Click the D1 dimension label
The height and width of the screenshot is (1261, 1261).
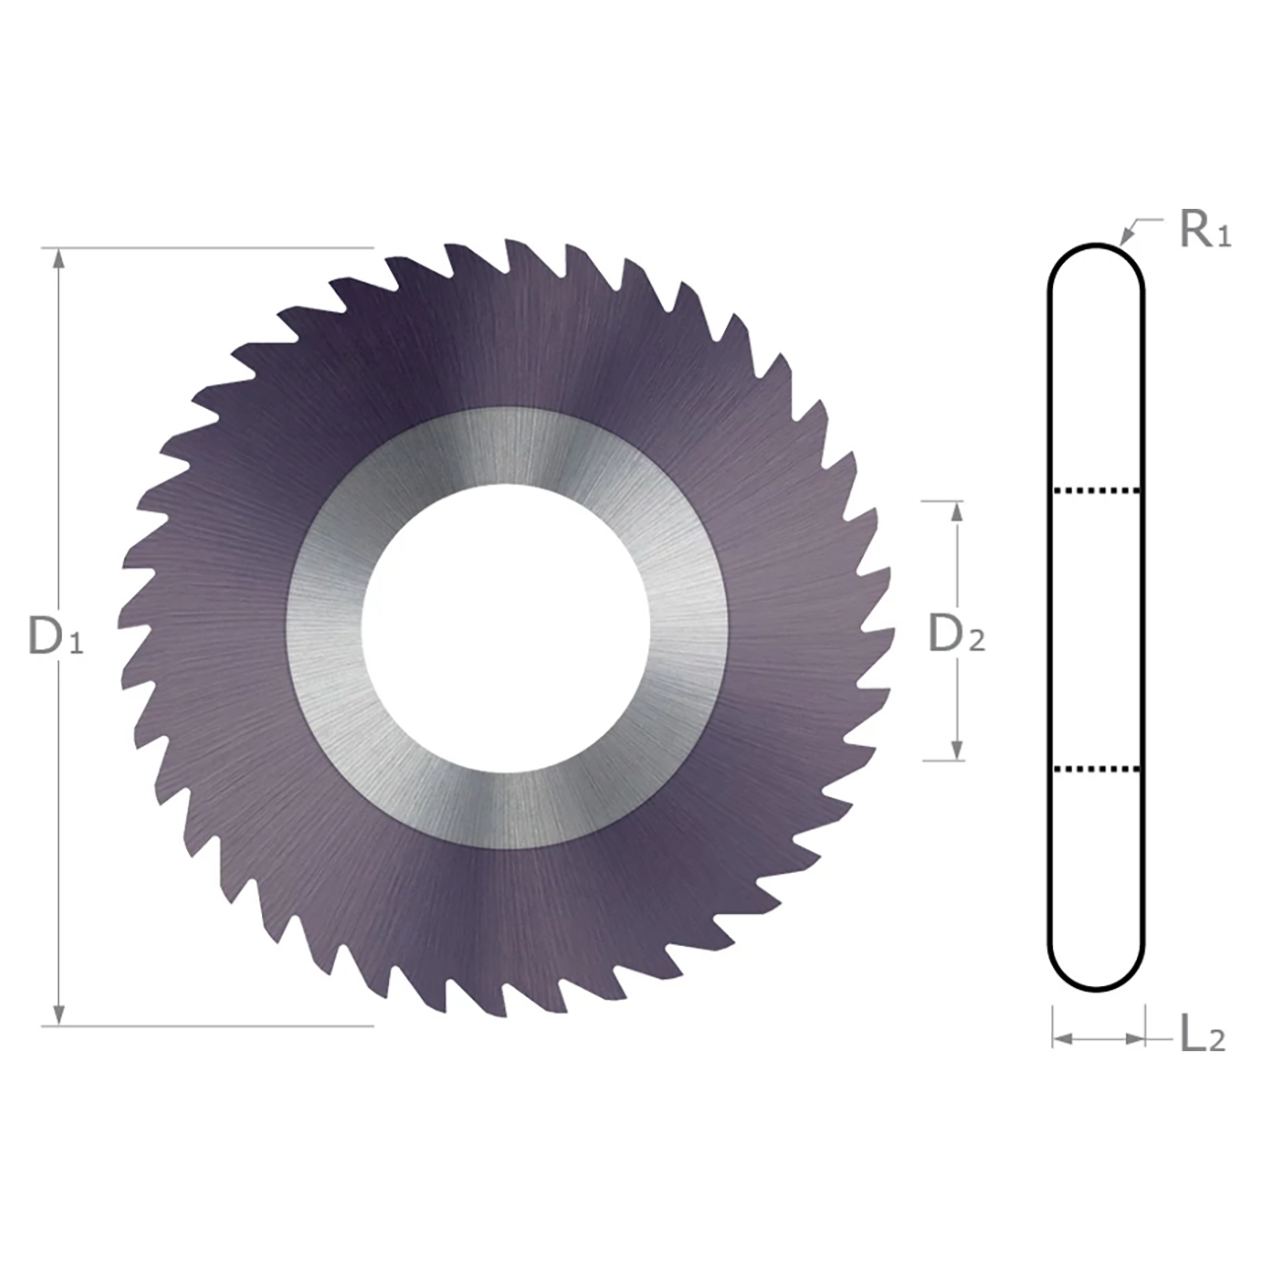click(x=55, y=638)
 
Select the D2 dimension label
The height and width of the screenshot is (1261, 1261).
click(x=956, y=636)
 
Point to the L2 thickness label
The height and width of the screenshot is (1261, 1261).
click(x=1202, y=1035)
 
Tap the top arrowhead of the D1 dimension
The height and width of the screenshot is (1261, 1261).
click(x=59, y=258)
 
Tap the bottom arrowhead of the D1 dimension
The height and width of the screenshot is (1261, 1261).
click(x=59, y=1015)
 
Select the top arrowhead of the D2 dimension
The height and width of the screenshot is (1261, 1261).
click(x=955, y=511)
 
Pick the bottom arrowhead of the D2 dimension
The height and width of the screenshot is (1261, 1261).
click(x=955, y=750)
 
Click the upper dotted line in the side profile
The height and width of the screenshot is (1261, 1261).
click(x=1096, y=489)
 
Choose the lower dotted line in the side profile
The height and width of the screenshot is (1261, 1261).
click(x=1096, y=767)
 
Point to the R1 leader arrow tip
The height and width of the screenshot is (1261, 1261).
click(x=1123, y=241)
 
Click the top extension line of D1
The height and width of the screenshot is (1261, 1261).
click(x=217, y=247)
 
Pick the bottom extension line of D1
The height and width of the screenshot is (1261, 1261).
click(x=217, y=1026)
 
